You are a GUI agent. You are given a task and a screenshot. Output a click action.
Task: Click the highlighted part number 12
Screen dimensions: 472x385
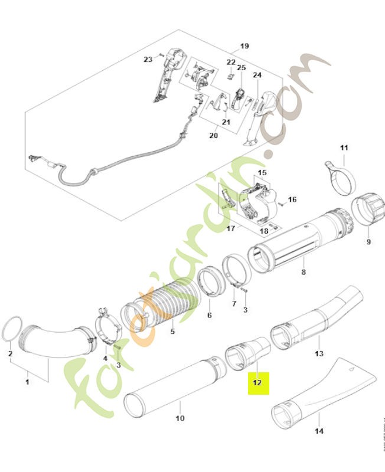[x=257, y=382]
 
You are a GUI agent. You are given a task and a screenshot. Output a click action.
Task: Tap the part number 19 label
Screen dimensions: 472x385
[x=245, y=46]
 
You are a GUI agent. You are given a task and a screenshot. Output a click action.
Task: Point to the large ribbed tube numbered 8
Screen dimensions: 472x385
[x=301, y=242]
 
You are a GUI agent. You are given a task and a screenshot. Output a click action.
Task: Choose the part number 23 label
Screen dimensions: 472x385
[x=148, y=59]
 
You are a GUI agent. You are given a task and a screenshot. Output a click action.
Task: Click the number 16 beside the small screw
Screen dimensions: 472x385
[x=292, y=199]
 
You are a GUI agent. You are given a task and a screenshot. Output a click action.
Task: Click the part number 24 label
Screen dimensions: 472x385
[x=257, y=75]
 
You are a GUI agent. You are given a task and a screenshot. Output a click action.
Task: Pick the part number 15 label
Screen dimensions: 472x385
[x=262, y=173]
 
